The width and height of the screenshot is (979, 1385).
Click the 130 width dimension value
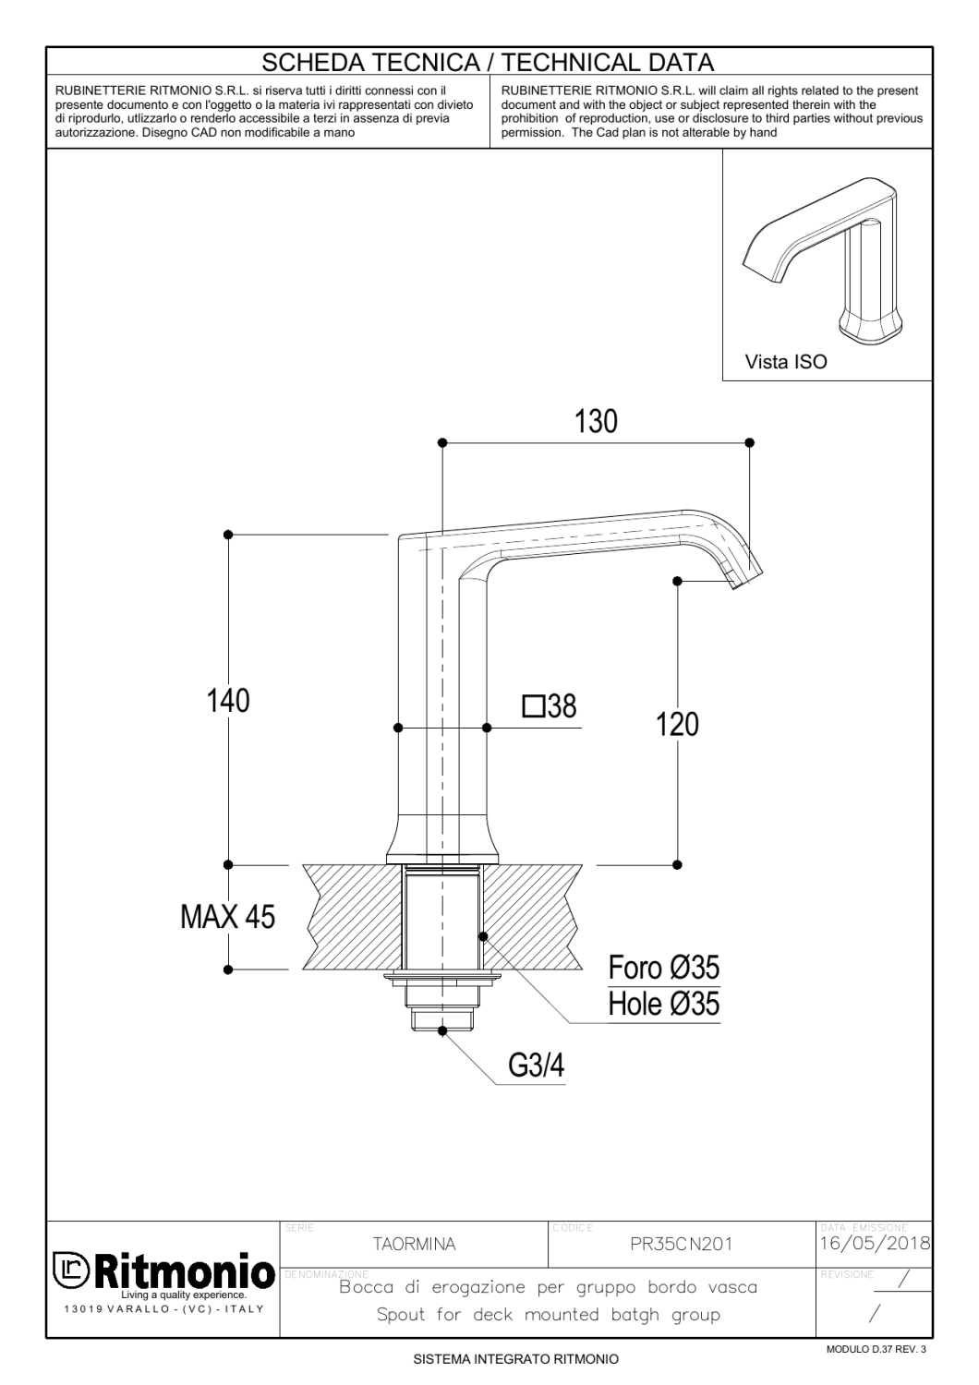(x=596, y=422)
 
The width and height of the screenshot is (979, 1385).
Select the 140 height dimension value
(x=228, y=701)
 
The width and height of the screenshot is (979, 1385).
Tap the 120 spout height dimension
(x=678, y=725)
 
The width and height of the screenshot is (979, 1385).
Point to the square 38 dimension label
(x=550, y=707)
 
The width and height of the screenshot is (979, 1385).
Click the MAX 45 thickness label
(x=227, y=917)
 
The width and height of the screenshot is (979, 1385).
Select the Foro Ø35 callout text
(x=663, y=968)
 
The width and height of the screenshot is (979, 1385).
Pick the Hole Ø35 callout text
(x=663, y=1004)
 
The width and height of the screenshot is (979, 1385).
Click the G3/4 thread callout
(x=536, y=1066)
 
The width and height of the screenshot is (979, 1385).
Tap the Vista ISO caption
(x=786, y=362)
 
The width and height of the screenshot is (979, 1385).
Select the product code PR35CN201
(x=681, y=1245)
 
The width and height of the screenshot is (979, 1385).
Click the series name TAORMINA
(x=414, y=1245)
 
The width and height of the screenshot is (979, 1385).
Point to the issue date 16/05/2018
(x=875, y=1243)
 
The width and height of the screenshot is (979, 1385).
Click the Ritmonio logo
(x=163, y=1273)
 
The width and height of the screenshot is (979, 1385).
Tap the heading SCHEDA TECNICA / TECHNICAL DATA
(x=489, y=63)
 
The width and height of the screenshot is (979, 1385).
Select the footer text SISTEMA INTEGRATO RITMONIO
(x=515, y=1359)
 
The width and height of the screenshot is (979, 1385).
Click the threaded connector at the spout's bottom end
(x=442, y=1018)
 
